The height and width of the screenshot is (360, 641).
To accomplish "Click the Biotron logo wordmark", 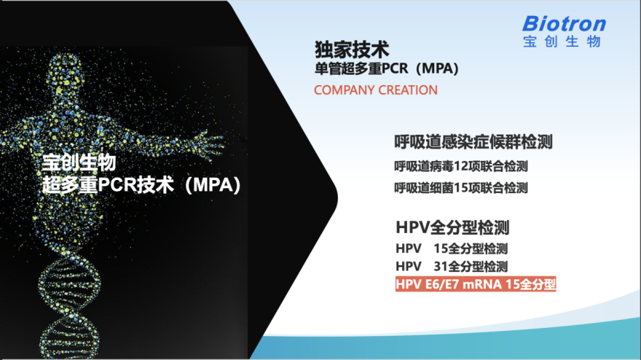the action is [564, 24].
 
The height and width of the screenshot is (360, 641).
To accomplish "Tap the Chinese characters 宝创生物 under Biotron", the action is [562, 42].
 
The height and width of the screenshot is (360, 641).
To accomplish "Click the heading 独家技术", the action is [352, 50].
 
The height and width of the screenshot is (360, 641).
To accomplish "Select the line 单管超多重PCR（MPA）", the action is [386, 69].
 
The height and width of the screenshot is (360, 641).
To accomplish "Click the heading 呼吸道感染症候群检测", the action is [473, 142].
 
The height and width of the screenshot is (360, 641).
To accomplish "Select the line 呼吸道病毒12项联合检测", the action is [461, 166].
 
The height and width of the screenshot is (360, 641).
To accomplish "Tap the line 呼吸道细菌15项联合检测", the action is [461, 188].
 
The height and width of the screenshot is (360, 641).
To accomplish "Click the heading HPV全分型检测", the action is [452, 227].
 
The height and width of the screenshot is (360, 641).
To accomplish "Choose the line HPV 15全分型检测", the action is [452, 249].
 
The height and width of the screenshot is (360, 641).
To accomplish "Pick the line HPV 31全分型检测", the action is [452, 266].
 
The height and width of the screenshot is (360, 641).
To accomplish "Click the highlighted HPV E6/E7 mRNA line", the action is [476, 284].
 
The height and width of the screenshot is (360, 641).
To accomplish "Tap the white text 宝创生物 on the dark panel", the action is [79, 163].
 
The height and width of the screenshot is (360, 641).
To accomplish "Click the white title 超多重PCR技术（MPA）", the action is [141, 185].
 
